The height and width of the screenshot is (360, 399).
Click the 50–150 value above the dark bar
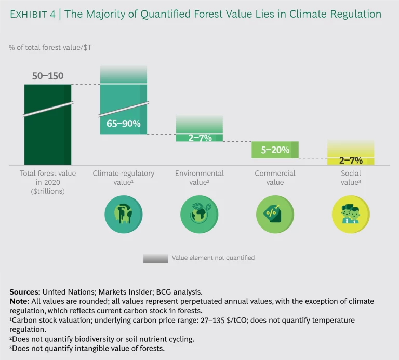[48, 76]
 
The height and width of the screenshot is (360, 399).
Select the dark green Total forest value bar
[48, 135]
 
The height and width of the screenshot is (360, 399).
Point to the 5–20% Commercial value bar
[275, 150]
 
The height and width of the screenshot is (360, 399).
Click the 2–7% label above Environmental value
[199, 138]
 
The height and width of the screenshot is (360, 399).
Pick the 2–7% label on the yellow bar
[351, 160]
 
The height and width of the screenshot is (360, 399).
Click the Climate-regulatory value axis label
[123, 178]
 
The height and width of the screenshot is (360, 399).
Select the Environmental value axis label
[199, 178]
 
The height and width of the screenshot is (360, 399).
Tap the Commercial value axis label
[275, 178]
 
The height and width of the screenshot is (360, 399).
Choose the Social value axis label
[351, 178]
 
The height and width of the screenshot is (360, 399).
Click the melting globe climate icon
[123, 214]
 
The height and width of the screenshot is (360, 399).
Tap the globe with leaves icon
[199, 214]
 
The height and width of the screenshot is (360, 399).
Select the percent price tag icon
[275, 214]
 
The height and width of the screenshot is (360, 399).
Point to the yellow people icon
[351, 214]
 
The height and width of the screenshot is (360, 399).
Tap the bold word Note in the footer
[19, 301]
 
